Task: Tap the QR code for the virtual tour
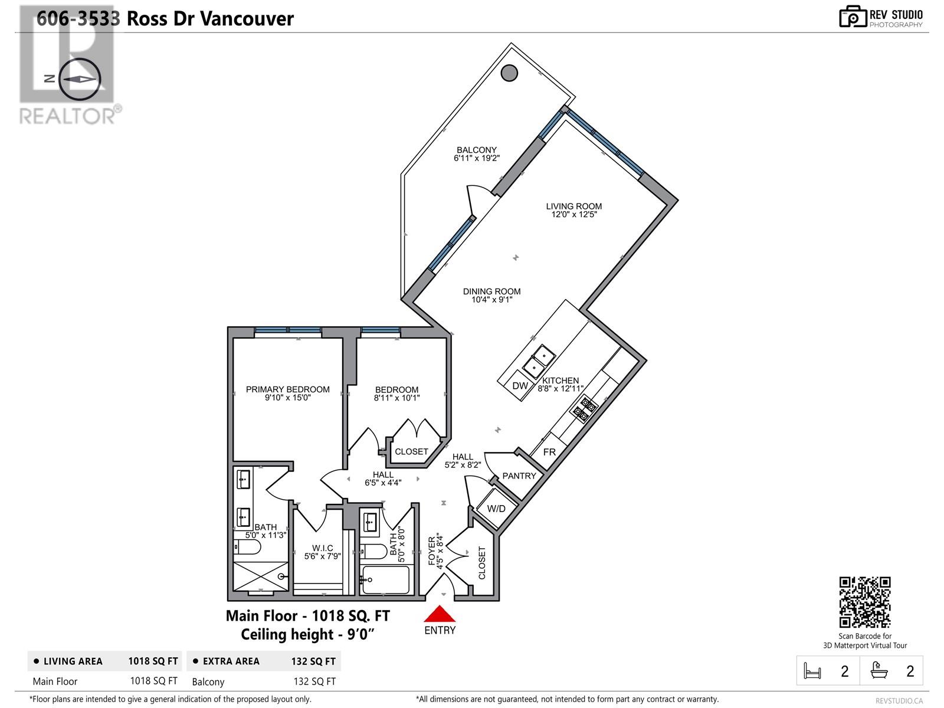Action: (864, 602)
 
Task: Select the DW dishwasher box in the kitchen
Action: (520, 386)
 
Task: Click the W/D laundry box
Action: (496, 509)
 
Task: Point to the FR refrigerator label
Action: (549, 453)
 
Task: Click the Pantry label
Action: (519, 476)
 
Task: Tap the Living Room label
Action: (573, 206)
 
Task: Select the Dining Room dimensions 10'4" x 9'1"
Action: (491, 300)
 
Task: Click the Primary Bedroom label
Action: (287, 389)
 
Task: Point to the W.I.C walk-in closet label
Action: (322, 548)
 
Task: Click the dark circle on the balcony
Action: (509, 73)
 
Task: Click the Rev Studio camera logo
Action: (853, 17)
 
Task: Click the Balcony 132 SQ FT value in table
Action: (314, 681)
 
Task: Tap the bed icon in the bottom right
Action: (812, 671)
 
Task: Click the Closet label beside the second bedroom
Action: (411, 452)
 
